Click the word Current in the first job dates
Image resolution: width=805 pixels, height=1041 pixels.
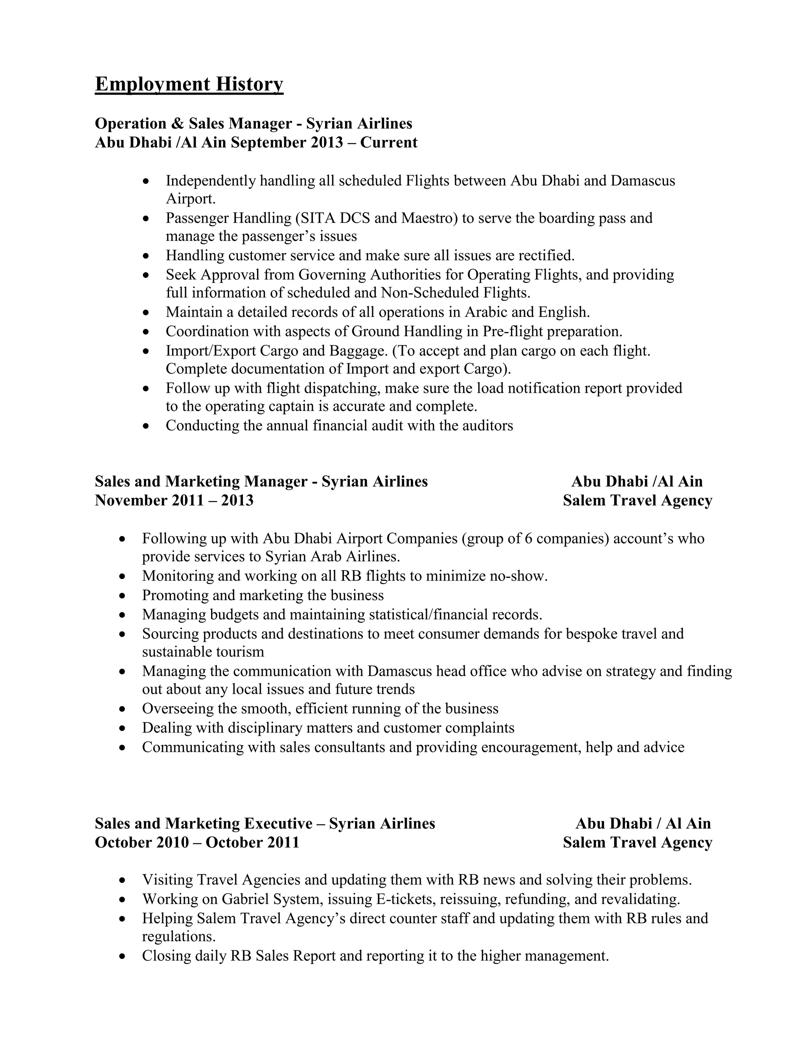tap(389, 143)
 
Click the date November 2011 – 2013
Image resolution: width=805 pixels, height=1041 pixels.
tap(174, 500)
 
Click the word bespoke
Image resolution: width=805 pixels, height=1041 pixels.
tap(591, 634)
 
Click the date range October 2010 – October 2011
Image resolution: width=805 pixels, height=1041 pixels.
tap(197, 842)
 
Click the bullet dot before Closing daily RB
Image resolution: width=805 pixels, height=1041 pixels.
tap(123, 956)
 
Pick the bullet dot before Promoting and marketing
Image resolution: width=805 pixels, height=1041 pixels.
tap(123, 596)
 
